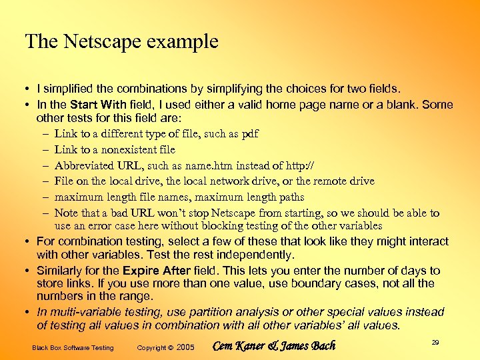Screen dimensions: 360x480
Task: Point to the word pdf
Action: [249, 133]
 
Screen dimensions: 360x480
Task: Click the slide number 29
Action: [435, 342]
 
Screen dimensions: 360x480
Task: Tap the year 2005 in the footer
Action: [186, 347]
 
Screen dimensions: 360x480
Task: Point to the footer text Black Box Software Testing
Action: [73, 347]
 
